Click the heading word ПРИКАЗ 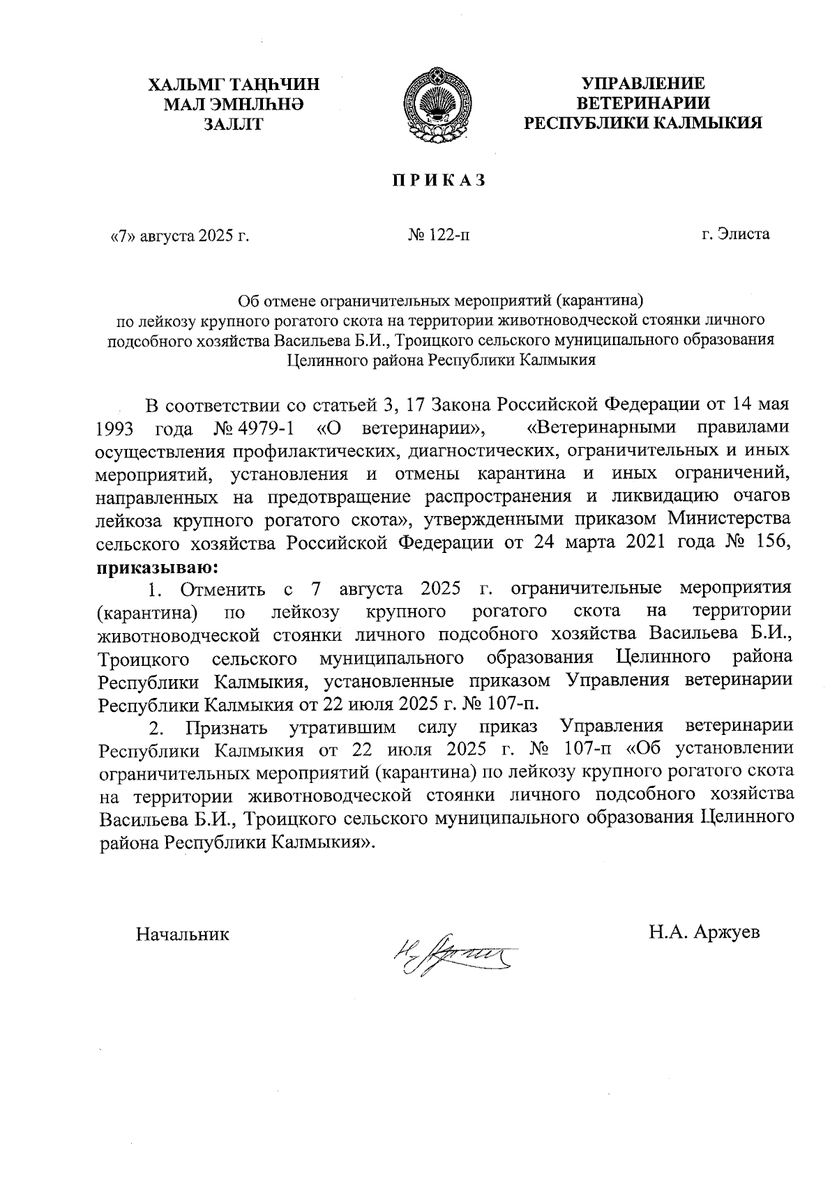point(437,180)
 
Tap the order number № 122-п point(439,235)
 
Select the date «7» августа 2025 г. point(176,235)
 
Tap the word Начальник point(183,933)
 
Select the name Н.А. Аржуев point(704,932)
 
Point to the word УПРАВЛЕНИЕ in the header point(643,84)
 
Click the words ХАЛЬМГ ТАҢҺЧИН point(233,85)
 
